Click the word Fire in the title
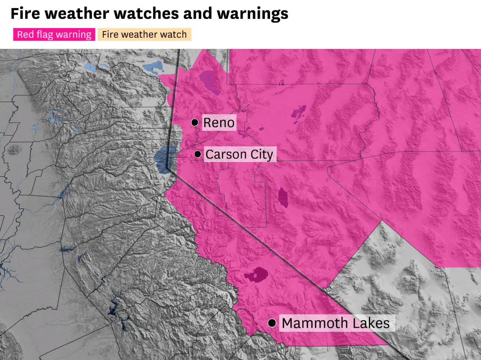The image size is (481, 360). [25, 14]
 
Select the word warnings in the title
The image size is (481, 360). [252, 14]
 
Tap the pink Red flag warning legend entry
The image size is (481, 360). [54, 34]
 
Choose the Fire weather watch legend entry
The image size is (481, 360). [144, 34]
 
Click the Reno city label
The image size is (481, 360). [219, 123]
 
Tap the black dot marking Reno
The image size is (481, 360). [195, 122]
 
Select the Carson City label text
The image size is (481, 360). [239, 154]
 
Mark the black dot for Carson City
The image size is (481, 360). [198, 154]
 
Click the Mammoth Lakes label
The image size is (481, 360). [336, 323]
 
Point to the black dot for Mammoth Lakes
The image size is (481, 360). [272, 323]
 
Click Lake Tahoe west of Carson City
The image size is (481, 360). [163, 160]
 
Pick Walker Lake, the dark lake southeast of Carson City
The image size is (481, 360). [283, 197]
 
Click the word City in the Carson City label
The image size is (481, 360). [262, 154]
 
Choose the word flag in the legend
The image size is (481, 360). [45, 34]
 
